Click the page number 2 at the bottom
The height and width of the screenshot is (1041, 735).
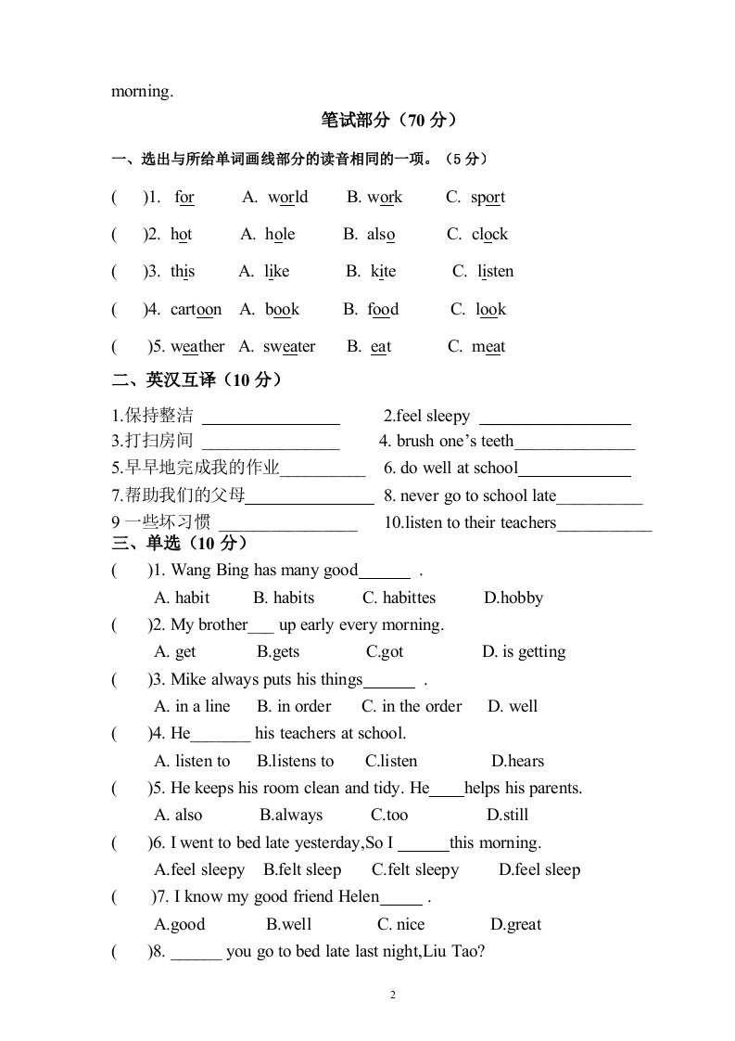[x=392, y=996]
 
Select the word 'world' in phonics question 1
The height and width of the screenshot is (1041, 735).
[x=288, y=197]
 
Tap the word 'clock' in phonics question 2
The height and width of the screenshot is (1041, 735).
[x=489, y=234]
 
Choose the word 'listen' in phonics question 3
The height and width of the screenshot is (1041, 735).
[x=496, y=271]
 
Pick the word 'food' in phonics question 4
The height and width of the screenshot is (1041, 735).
[x=383, y=309]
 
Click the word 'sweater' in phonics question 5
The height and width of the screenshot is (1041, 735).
[x=289, y=346]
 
